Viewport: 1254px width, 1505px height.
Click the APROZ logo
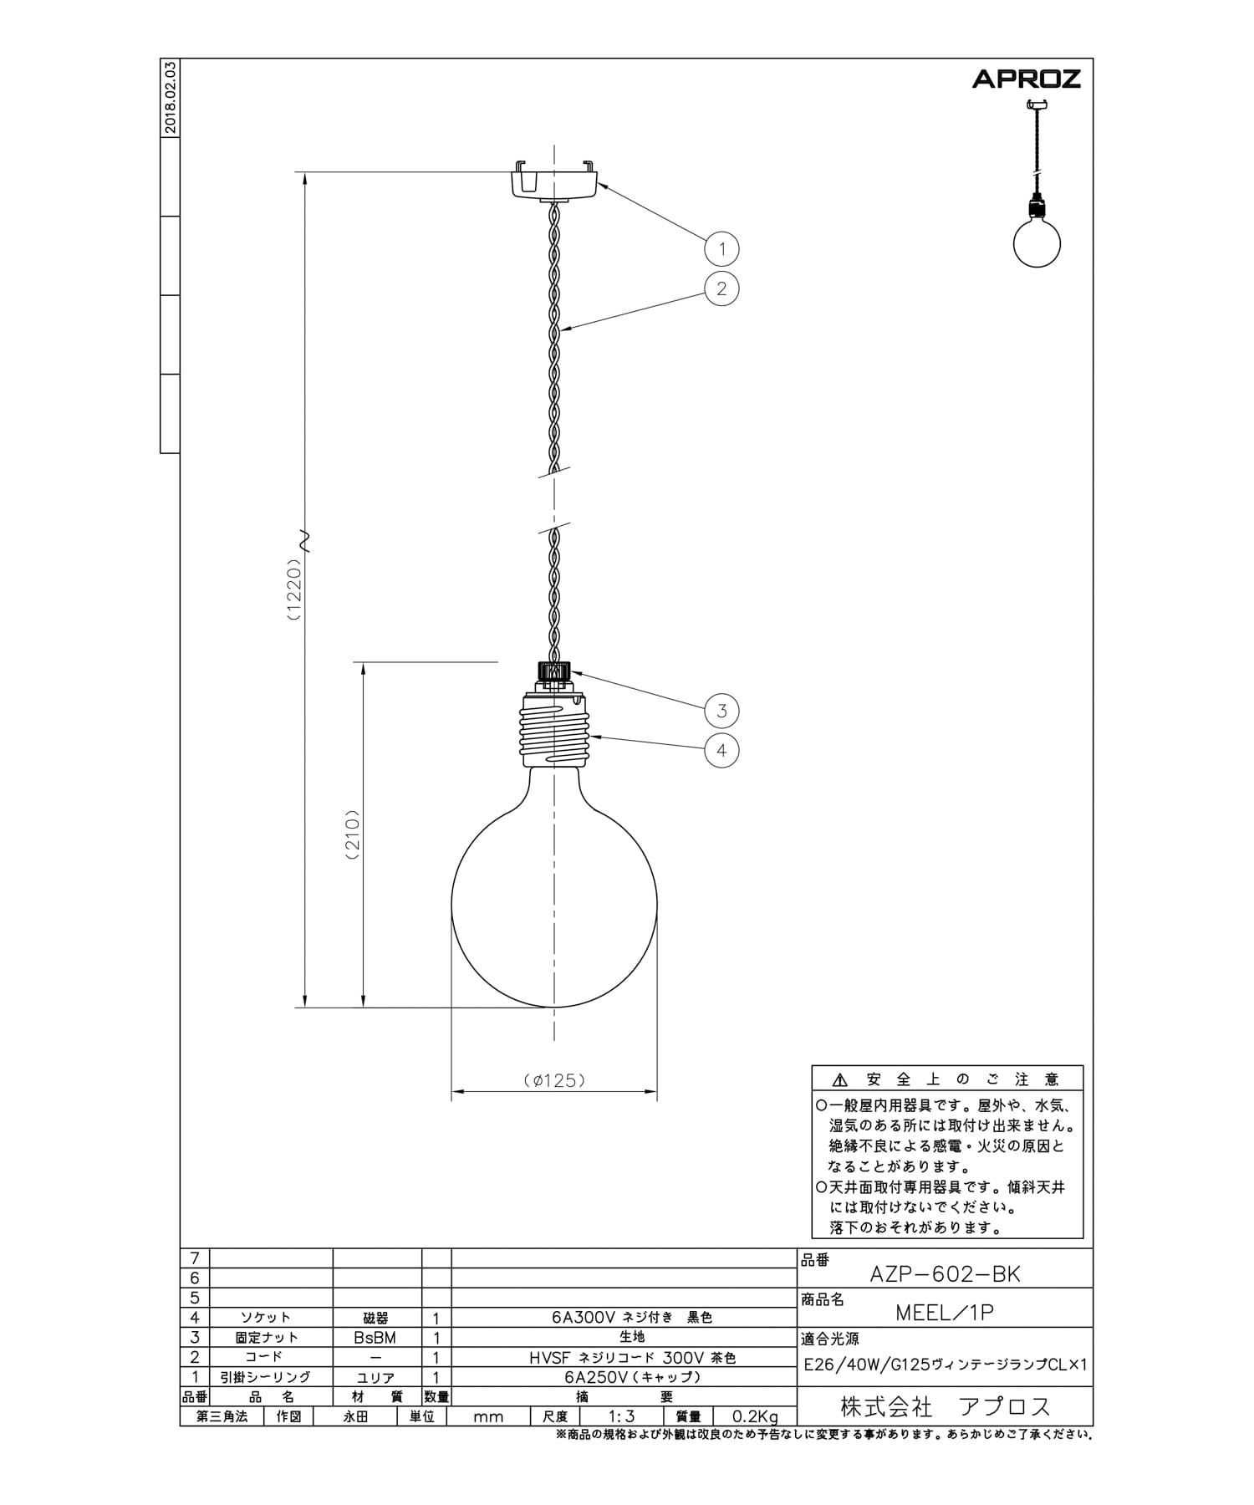tap(1026, 79)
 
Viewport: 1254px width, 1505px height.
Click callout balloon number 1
tap(721, 248)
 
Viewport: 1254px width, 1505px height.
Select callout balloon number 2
tap(721, 288)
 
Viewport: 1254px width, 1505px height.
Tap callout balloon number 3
tap(721, 711)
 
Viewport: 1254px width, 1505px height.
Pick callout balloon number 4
tap(721, 750)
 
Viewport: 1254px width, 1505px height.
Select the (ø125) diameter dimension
tap(554, 1080)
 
